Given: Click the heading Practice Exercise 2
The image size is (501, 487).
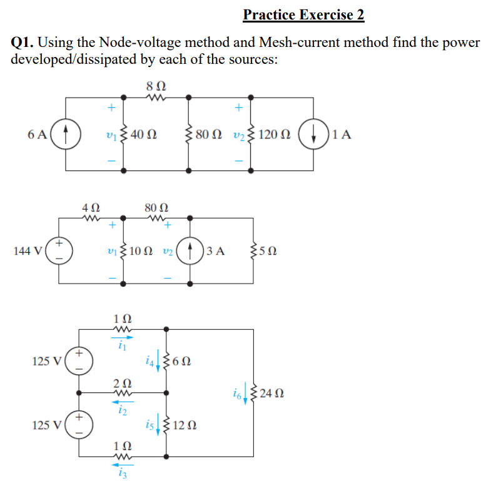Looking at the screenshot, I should tap(303, 15).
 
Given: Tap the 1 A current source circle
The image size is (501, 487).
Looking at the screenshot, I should tap(315, 133).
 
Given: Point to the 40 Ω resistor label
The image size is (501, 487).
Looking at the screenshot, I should tap(144, 134).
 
